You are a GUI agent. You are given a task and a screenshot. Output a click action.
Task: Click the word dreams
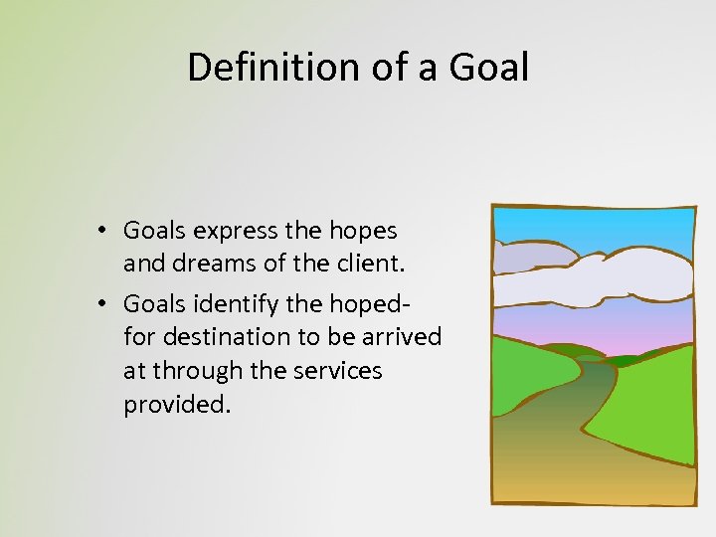coord(208,266)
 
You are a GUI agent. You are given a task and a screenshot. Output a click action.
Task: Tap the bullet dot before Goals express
coord(102,232)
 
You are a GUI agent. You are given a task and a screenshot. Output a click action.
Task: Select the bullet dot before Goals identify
coord(102,303)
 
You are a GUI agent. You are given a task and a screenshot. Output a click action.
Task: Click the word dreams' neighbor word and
coord(141,266)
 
